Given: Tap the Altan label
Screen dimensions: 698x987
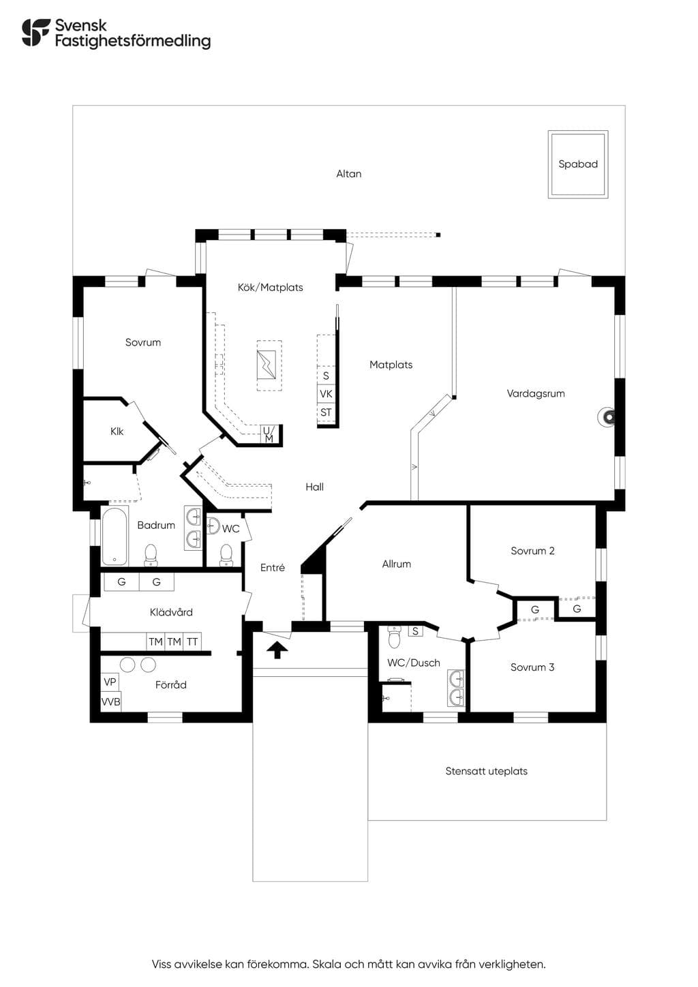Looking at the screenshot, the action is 348,174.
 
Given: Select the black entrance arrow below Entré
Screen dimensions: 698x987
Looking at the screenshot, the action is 277,650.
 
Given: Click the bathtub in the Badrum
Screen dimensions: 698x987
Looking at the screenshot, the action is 115,536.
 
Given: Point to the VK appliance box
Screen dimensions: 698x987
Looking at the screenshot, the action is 326,393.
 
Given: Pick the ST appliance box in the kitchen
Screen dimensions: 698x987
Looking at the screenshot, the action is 326,412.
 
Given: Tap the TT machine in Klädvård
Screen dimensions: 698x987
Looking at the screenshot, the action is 192,641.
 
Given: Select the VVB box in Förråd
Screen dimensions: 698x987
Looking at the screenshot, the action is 110,701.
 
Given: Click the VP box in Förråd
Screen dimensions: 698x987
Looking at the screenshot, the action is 110,682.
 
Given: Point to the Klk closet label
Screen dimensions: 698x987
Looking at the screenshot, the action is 117,431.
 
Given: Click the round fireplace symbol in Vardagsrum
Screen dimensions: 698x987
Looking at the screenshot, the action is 607,416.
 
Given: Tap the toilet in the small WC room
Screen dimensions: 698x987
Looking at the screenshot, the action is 226,554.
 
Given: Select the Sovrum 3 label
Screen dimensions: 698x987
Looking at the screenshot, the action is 532,667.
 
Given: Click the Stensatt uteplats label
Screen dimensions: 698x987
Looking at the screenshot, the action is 486,771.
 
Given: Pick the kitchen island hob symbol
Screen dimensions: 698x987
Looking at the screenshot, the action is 267,365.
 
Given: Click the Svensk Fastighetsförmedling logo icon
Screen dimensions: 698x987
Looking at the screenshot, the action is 37,32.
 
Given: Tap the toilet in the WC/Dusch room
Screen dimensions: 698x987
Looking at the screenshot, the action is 395,637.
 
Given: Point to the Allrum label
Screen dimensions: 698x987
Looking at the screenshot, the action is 397,564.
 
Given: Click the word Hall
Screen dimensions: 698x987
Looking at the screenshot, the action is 315,487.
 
